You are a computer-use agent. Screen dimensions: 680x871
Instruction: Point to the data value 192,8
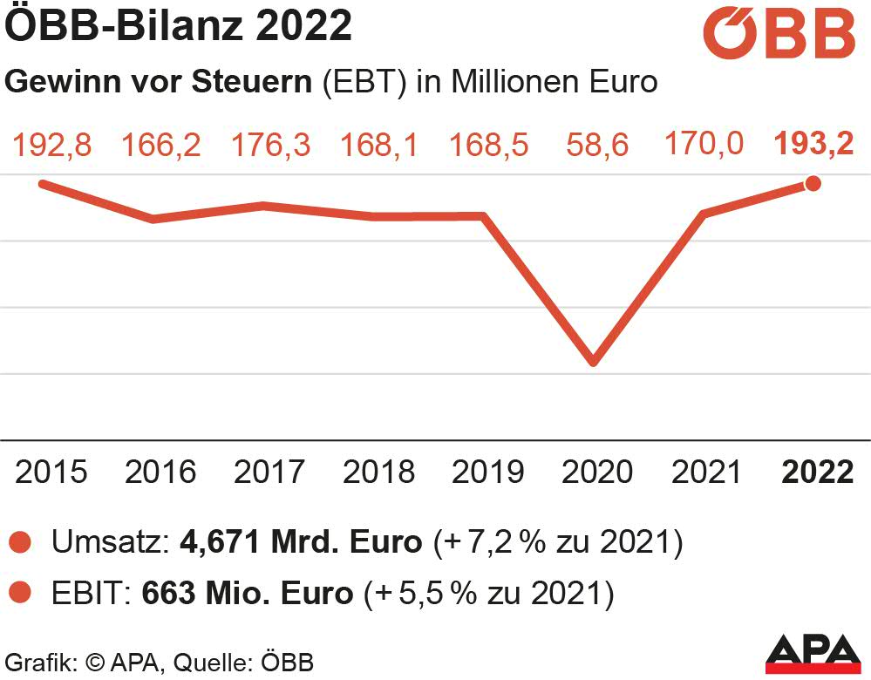[51, 145]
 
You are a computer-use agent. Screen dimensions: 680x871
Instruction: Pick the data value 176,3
[270, 145]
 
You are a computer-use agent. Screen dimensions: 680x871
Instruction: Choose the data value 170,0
[704, 143]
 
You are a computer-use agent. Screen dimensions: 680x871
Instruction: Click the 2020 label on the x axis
[597, 472]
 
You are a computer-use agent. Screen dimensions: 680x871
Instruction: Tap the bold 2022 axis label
[818, 472]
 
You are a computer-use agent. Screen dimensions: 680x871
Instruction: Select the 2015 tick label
[51, 472]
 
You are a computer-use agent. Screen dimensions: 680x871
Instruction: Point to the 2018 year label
[378, 472]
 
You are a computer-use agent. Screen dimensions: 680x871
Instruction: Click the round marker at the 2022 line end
[813, 183]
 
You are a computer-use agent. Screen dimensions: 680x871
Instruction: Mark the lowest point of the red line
[594, 361]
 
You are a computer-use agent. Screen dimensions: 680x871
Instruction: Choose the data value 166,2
[160, 145]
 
